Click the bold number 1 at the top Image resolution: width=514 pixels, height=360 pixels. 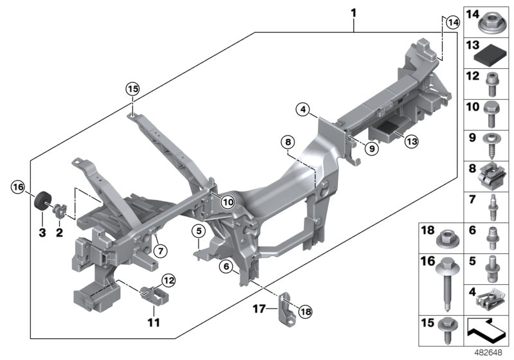tap(353, 12)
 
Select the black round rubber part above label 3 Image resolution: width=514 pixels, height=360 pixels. tap(43, 201)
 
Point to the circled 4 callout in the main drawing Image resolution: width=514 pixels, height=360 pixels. tap(303, 110)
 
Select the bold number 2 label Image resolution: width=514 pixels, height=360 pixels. tap(59, 233)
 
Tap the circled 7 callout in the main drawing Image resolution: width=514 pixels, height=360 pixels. tap(159, 248)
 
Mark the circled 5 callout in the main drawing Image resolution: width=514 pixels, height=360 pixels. tap(199, 230)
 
